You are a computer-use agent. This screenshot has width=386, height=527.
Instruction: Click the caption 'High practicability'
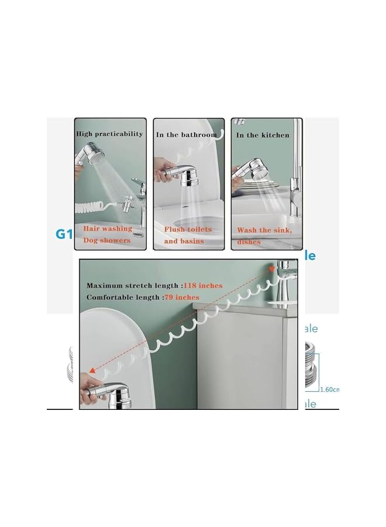(109, 134)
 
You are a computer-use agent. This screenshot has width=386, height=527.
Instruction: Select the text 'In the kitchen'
(263, 135)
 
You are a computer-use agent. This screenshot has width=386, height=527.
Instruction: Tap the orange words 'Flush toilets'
(188, 230)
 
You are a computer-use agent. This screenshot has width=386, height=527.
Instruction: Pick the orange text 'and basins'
(184, 241)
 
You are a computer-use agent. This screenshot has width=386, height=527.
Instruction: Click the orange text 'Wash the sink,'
(264, 231)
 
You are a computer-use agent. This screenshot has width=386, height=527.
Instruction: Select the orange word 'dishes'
(249, 241)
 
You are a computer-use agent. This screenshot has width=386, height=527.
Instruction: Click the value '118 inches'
(203, 286)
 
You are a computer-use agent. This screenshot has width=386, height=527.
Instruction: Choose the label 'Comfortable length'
(122, 297)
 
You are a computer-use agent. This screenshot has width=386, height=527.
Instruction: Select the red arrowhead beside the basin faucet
(273, 268)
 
